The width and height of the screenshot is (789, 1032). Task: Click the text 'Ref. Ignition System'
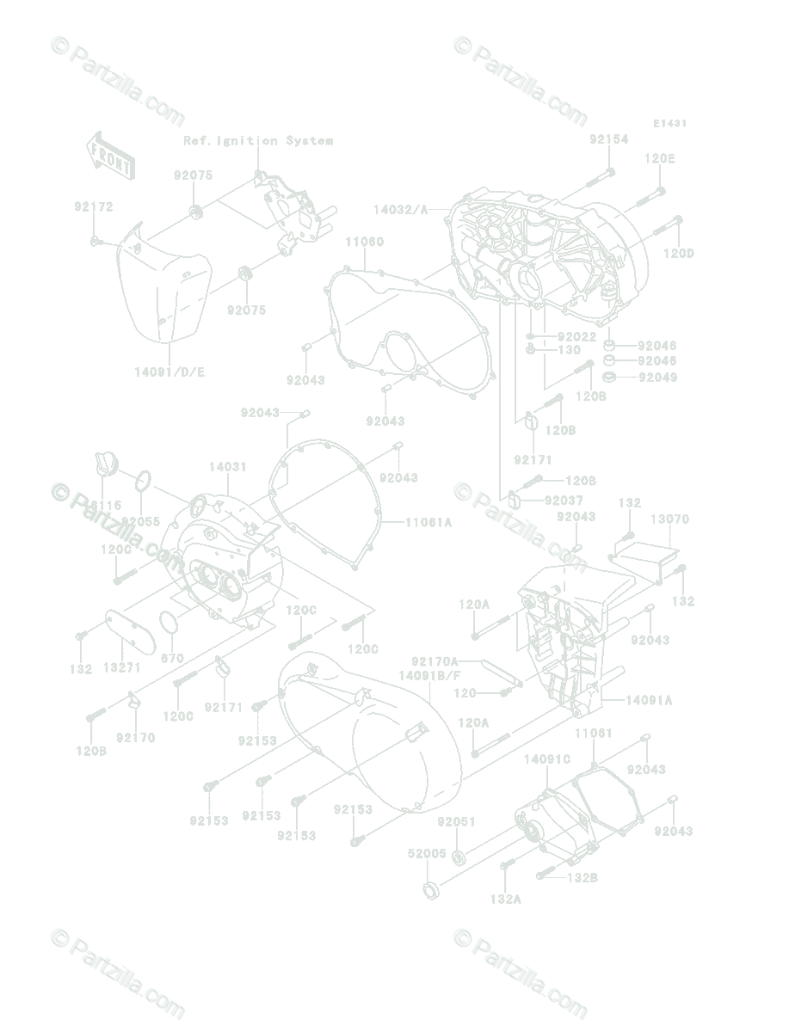coord(258,140)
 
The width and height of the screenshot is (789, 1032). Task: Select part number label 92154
coord(608,138)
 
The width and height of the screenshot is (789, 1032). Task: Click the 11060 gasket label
coord(364,243)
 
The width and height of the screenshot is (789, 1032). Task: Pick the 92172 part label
coord(93,207)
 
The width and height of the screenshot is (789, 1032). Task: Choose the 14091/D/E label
coord(170,372)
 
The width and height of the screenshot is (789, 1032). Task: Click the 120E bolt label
coord(660,158)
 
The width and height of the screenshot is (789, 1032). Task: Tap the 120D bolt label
coord(678,253)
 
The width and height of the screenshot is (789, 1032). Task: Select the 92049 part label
coord(658,378)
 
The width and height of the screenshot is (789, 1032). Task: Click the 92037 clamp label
coord(564,501)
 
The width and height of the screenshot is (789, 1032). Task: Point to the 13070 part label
coord(669,519)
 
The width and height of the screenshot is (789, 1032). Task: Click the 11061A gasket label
coord(428,522)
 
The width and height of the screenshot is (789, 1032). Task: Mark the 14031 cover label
coord(227,467)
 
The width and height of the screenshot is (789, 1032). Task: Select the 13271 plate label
coord(121,667)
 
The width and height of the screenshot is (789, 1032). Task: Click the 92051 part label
coord(456,821)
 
